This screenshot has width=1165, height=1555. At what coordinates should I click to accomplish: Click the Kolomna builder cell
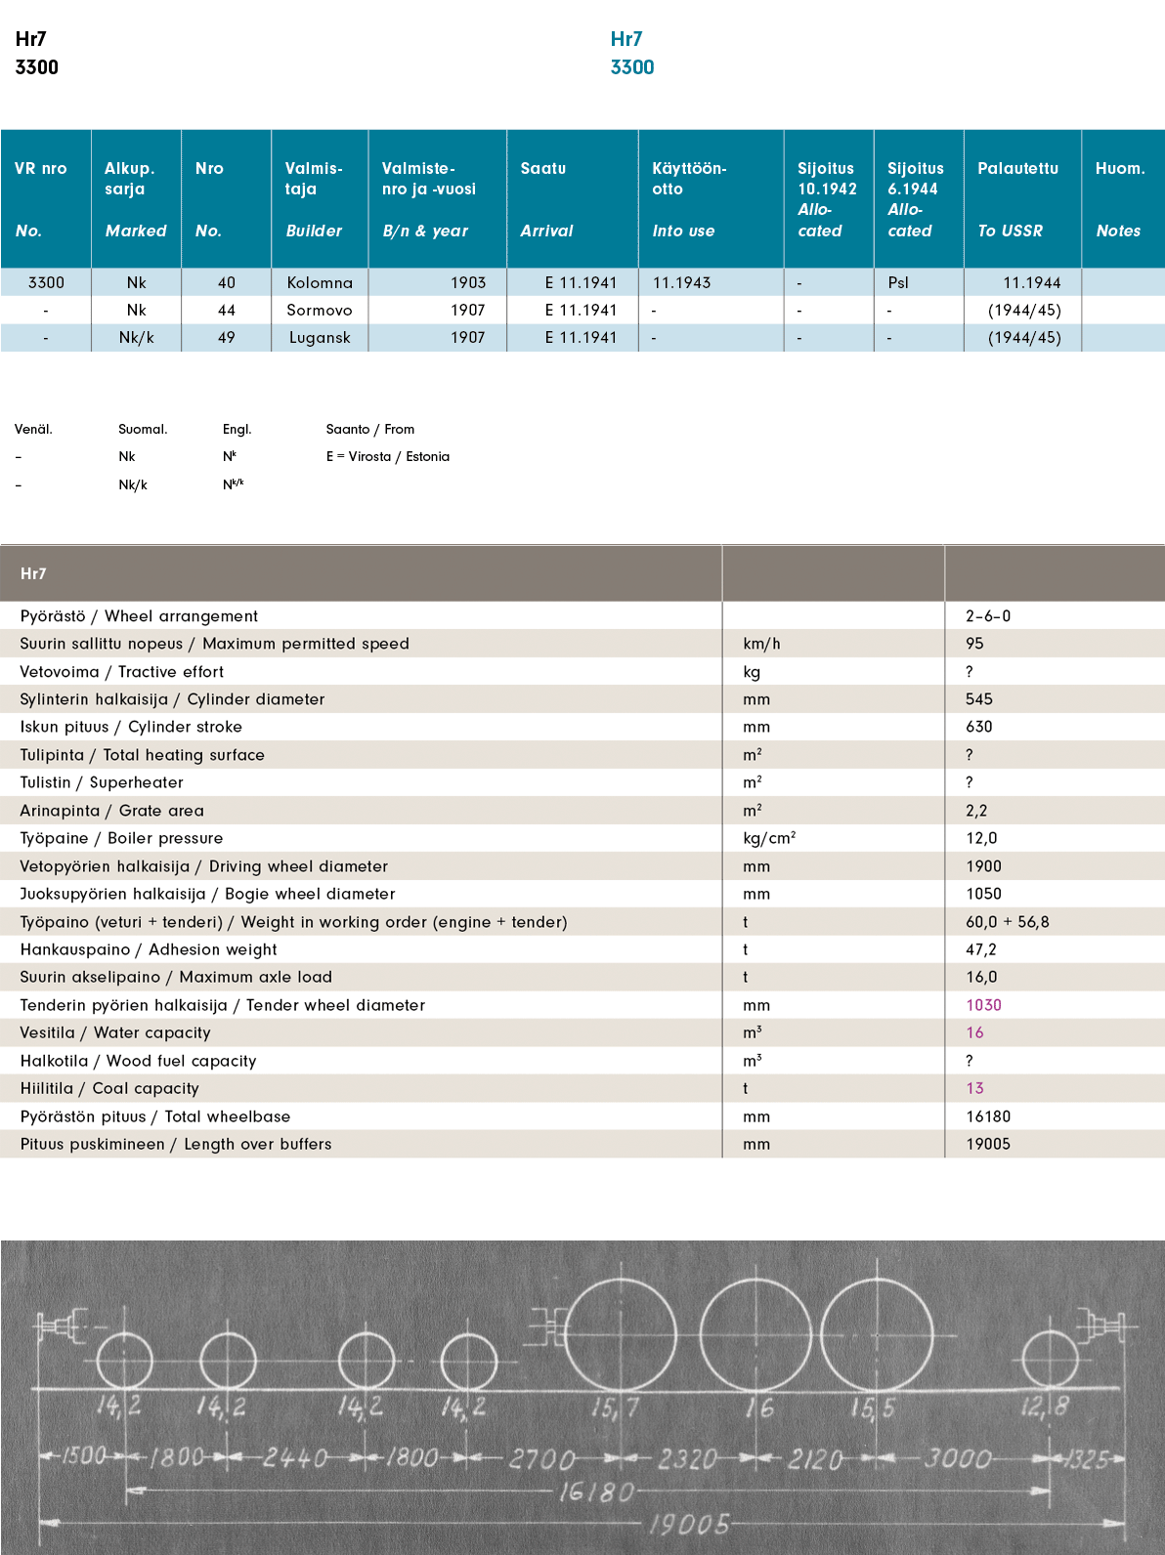(320, 282)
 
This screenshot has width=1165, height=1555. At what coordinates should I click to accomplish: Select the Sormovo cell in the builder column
(320, 310)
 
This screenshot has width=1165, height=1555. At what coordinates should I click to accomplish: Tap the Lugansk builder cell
(320, 337)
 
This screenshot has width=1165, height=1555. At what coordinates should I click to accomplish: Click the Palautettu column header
(1017, 168)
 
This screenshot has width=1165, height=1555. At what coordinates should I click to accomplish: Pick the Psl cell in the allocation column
(898, 282)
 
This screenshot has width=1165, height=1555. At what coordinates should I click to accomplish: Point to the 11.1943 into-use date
(681, 282)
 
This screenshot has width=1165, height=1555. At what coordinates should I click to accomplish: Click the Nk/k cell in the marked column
(136, 337)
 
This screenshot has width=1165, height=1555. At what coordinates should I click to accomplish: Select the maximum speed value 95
(974, 644)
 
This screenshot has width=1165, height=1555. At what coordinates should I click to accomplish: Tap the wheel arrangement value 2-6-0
(988, 616)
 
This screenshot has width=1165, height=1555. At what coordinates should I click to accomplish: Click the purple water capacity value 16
(974, 1032)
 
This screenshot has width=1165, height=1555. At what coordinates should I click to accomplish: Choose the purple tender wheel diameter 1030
(983, 1005)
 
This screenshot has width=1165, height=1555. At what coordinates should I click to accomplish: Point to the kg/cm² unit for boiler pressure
(769, 838)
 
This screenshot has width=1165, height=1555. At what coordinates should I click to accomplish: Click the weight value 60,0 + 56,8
(1007, 922)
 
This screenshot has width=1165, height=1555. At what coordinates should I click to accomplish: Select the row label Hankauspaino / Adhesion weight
(149, 949)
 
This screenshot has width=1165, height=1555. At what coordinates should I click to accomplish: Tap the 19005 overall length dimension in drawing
(690, 1524)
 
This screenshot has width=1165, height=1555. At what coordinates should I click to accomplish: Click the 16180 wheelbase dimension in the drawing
(596, 1492)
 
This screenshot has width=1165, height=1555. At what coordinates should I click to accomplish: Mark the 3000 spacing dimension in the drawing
(957, 1458)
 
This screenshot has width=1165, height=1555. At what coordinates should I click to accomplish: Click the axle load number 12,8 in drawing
(1045, 1408)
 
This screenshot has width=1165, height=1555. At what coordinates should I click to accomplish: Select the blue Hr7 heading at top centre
(626, 39)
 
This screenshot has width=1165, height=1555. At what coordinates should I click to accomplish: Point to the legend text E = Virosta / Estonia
(388, 456)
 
